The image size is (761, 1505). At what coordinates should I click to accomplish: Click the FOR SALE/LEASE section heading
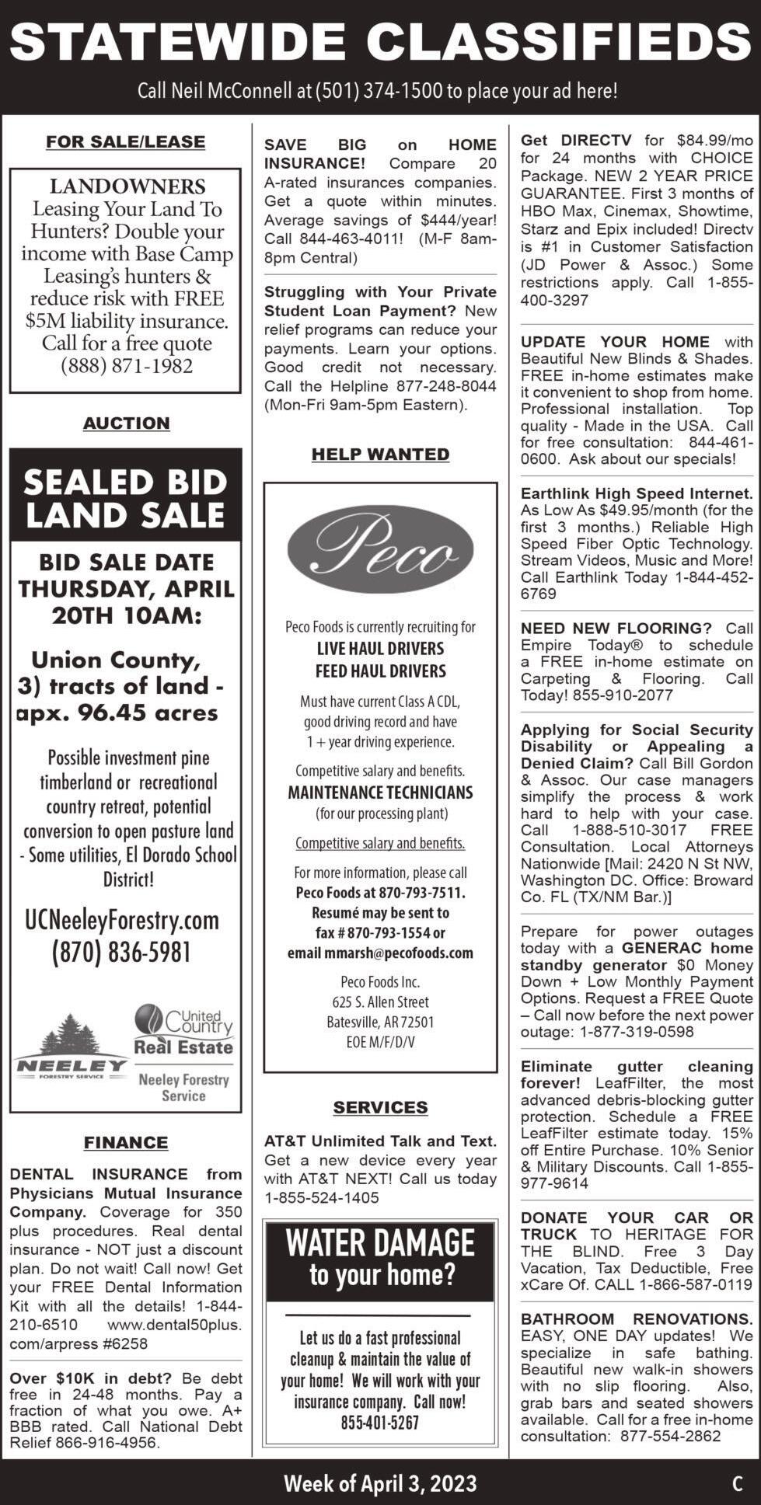[125, 141]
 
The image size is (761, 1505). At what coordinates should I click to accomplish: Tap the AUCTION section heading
[126, 423]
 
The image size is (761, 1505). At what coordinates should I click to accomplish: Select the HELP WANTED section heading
[380, 454]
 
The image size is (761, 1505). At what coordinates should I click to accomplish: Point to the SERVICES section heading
[380, 1107]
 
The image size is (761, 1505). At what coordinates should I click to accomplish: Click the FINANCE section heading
[126, 1142]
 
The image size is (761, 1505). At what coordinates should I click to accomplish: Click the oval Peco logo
[380, 550]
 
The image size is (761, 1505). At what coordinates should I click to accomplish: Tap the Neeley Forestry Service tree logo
[70, 1046]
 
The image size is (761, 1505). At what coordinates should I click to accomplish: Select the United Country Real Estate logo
[183, 1029]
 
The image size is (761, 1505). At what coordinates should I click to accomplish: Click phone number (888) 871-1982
[126, 366]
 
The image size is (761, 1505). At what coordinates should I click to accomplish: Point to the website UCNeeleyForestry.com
[123, 920]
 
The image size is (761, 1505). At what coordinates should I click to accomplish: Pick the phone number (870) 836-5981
[121, 953]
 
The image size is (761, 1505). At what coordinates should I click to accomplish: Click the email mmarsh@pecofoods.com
[380, 953]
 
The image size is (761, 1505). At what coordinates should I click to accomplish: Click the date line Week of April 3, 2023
[380, 1482]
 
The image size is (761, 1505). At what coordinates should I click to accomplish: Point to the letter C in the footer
[737, 1483]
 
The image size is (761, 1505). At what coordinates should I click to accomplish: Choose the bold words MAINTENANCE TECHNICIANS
[380, 793]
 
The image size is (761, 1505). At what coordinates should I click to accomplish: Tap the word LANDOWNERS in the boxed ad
[127, 186]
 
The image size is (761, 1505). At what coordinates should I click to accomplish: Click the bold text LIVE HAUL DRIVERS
[380, 649]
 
